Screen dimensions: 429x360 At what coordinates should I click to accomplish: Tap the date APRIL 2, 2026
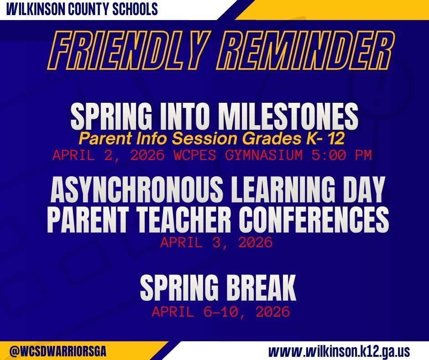[109, 155]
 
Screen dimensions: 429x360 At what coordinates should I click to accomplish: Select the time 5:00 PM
[341, 155]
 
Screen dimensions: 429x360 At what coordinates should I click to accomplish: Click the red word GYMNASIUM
[264, 155]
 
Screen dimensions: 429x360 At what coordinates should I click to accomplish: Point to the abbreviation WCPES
[195, 155]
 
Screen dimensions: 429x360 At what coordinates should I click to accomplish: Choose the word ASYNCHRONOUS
[137, 190]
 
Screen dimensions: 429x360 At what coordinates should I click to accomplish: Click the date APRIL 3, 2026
[216, 243]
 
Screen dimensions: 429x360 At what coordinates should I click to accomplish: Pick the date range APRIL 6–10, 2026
[221, 312]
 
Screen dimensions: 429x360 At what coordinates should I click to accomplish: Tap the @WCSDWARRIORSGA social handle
[58, 351]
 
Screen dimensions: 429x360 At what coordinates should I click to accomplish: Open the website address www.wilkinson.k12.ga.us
[339, 351]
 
